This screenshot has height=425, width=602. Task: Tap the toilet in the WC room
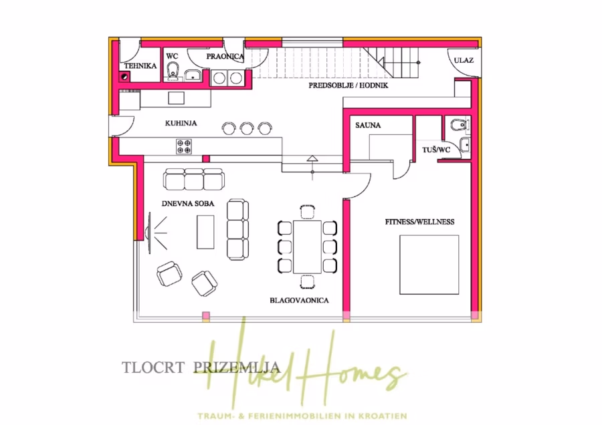pos(173,69)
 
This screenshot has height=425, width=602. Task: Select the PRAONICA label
pos(225,57)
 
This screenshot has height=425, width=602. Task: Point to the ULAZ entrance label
pos(464,61)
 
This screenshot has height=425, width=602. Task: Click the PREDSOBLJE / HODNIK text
pos(348,86)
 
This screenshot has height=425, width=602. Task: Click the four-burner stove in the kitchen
pos(184,145)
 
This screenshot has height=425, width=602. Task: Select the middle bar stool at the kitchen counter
pos(247,127)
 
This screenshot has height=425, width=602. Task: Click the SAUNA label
pos(369,124)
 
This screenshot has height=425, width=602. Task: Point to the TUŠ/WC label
pos(436,150)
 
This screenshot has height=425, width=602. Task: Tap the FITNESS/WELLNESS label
pos(419,221)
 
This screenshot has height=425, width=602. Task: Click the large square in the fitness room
pos(429,265)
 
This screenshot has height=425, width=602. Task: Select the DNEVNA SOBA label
pos(188,203)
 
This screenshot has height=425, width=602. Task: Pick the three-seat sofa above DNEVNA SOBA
pos(193,180)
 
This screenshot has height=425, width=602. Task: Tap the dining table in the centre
pos(307,247)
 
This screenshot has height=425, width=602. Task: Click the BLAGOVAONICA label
pos(299,301)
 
